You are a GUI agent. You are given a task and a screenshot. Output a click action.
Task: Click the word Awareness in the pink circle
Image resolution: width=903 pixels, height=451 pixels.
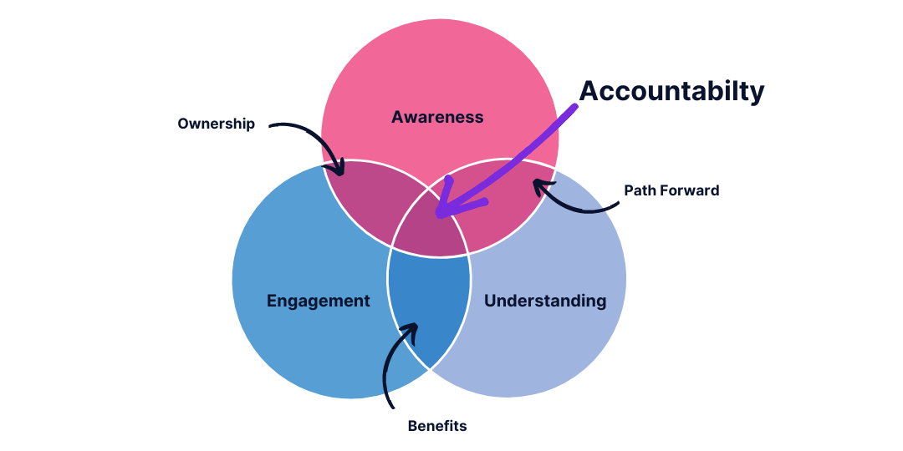pos(437,117)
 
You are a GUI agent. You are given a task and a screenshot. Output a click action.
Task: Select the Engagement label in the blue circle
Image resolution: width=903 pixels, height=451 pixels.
pos(318,301)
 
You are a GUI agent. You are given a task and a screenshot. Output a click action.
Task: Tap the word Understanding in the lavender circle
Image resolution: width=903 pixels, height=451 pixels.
pos(545,301)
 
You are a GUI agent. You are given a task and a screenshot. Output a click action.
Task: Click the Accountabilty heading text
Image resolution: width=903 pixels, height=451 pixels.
pos(671,91)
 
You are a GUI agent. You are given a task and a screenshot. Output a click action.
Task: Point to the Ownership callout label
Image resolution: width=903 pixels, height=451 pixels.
pos(216,124)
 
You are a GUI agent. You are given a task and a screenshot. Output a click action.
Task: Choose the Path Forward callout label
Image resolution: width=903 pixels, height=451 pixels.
pos(671,190)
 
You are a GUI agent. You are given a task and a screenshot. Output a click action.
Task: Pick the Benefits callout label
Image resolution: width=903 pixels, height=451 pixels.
pos(437,426)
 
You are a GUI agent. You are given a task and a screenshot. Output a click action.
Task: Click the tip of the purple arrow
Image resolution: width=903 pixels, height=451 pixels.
pos(439,214)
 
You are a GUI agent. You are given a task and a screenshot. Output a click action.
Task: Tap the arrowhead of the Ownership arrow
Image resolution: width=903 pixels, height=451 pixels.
pos(340,171)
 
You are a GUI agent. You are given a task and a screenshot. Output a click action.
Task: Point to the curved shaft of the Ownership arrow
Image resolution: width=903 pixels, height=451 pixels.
pos(309,131)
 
